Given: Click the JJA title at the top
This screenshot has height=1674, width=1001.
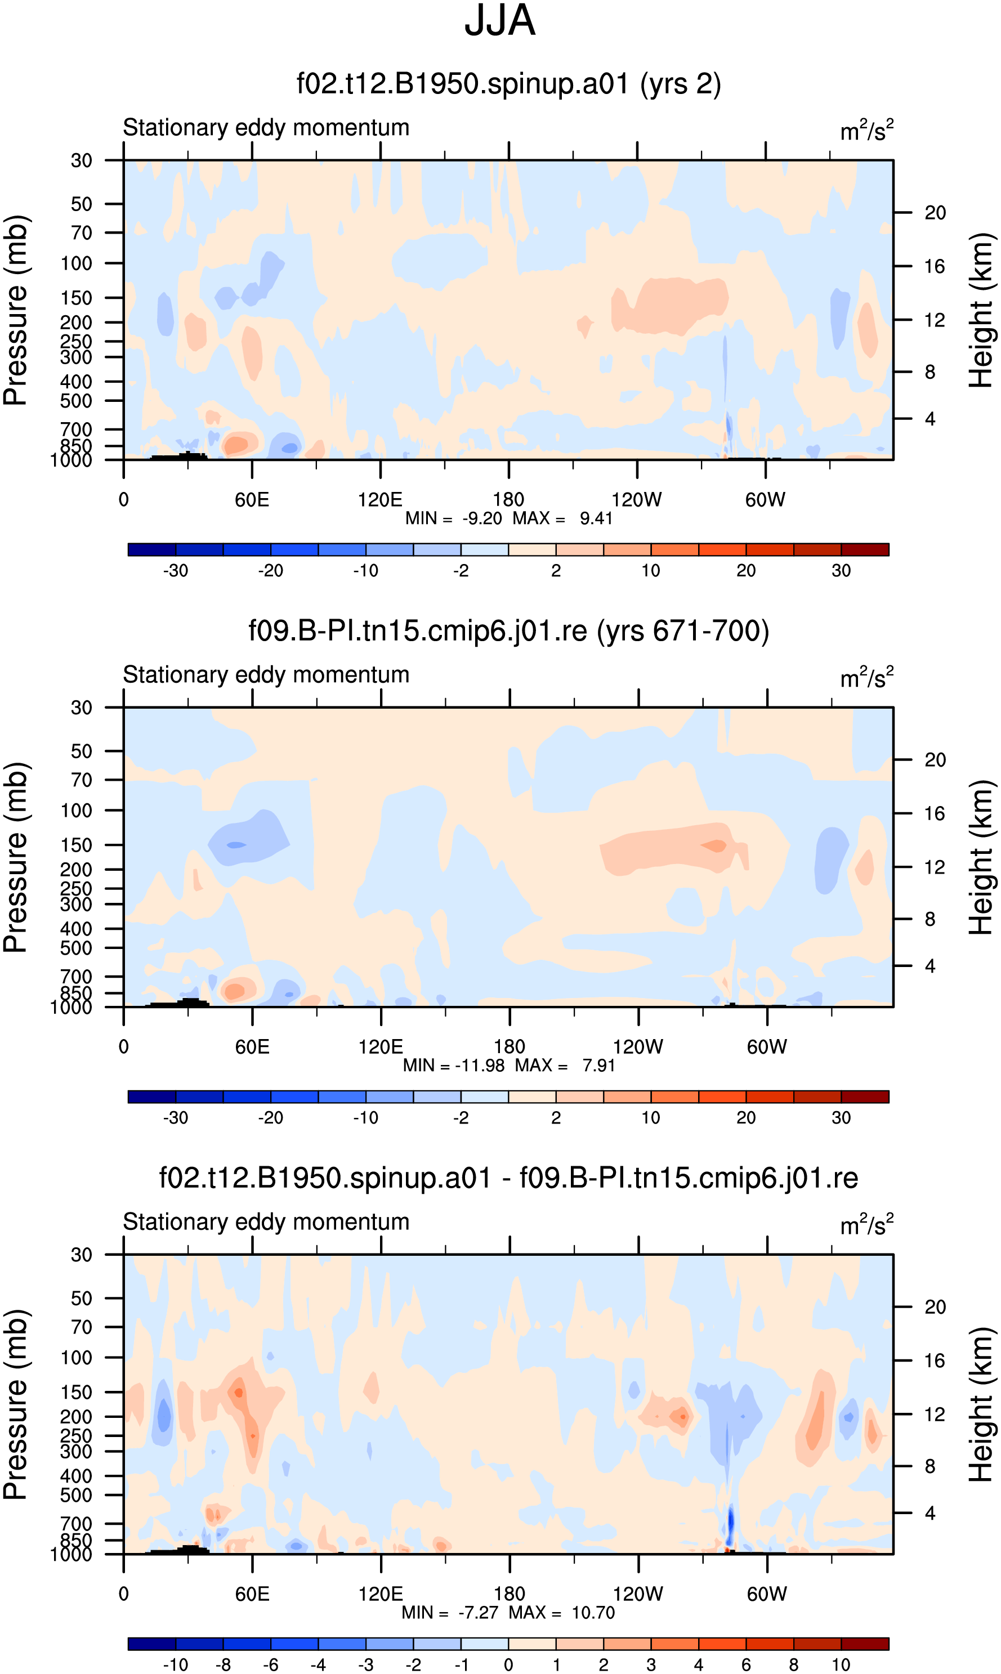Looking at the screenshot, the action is pyautogui.click(x=500, y=20).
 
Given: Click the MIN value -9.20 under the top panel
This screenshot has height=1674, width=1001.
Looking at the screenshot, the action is pyautogui.click(x=482, y=518).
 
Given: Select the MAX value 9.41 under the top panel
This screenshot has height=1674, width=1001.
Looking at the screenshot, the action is pyautogui.click(x=596, y=518).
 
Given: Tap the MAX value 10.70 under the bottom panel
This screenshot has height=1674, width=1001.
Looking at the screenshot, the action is pyautogui.click(x=593, y=1612).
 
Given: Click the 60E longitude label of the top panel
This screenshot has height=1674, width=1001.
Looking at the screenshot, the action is pyautogui.click(x=252, y=500).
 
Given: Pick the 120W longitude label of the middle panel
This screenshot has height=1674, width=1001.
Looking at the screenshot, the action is pyautogui.click(x=638, y=1046).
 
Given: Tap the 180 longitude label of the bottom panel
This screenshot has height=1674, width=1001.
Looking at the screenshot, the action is pyautogui.click(x=510, y=1593).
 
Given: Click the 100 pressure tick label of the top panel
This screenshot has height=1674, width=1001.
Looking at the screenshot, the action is pyautogui.click(x=76, y=263).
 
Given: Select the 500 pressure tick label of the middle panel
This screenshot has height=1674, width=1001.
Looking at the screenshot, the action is pyautogui.click(x=76, y=948).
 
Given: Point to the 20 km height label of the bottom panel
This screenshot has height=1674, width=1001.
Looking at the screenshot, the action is pyautogui.click(x=935, y=1306).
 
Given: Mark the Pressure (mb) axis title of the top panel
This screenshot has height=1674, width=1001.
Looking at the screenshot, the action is pyautogui.click(x=16, y=310).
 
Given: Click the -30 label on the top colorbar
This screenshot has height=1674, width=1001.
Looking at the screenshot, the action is pyautogui.click(x=176, y=570).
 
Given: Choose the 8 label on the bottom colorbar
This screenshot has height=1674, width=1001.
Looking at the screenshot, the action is pyautogui.click(x=794, y=1664).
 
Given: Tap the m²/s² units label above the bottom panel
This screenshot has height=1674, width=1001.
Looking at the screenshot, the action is pyautogui.click(x=867, y=1224).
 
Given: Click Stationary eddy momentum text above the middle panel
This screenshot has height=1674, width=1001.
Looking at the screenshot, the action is pyautogui.click(x=266, y=675).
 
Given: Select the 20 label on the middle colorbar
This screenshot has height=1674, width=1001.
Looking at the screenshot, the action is pyautogui.click(x=746, y=1117).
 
